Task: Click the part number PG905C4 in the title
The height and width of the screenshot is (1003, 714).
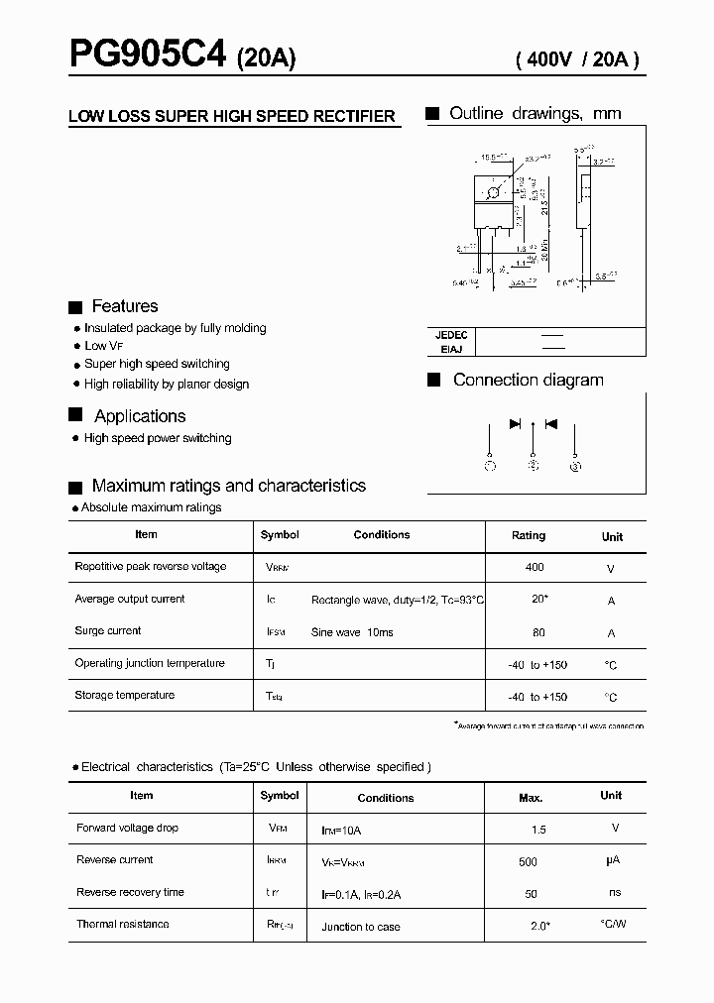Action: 148,55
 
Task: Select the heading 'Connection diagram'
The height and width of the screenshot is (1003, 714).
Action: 528,380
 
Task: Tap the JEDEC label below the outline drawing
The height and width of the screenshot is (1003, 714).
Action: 451,335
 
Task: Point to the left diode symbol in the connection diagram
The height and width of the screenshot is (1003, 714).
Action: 515,424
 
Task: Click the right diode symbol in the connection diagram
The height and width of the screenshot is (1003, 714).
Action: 551,424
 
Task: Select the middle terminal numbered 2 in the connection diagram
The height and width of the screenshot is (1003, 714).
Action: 534,465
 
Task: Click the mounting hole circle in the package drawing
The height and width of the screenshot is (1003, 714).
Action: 493,192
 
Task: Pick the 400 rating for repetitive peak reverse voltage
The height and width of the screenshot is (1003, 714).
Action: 535,567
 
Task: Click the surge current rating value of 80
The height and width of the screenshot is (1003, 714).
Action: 537,632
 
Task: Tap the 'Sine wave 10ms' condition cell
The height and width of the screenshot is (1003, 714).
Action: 352,632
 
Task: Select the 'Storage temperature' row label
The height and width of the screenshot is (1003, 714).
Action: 124,695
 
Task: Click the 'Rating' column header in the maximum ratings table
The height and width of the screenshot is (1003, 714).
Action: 529,535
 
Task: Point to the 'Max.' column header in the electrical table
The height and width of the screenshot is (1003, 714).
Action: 531,797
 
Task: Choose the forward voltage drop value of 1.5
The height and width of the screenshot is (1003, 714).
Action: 538,829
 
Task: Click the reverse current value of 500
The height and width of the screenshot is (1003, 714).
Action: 528,862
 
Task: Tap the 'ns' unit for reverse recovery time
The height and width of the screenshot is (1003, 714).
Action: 615,892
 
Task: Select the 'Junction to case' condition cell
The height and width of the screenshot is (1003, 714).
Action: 361,927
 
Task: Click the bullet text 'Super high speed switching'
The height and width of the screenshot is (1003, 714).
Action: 157,364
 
